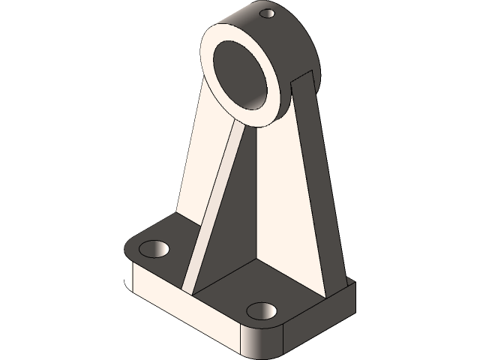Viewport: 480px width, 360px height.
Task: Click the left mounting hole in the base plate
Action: coord(156,247)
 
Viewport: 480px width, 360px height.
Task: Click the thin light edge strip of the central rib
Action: coord(214,202)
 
